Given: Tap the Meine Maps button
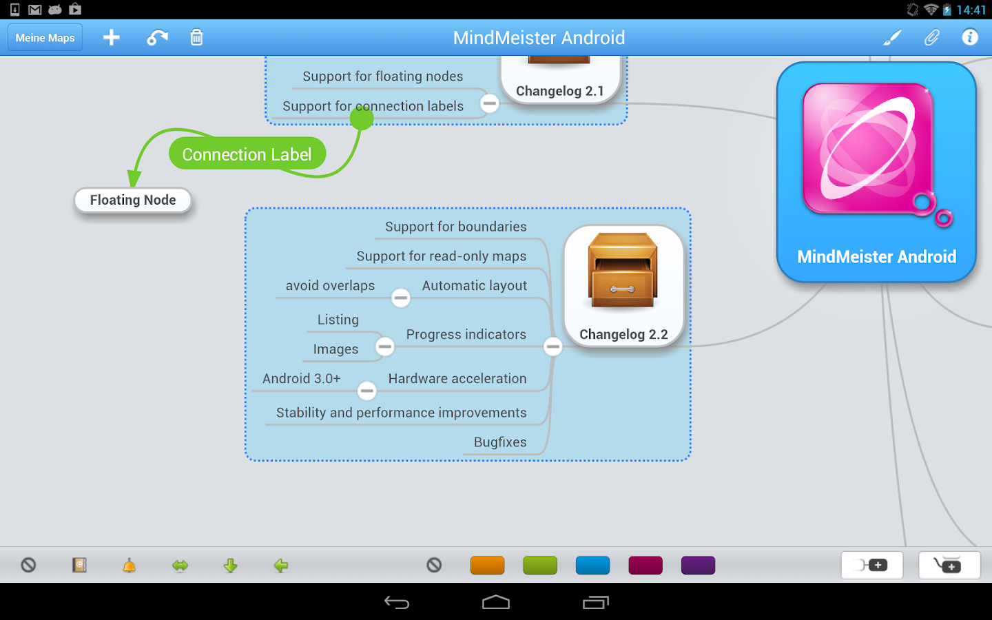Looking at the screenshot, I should tap(45, 38).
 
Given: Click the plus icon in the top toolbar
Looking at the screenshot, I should tap(112, 38).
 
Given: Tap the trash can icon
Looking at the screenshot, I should tap(196, 38).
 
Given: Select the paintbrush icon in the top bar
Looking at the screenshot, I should tap(892, 38).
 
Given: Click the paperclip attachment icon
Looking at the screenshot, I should tap(931, 38).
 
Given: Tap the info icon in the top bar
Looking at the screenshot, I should tap(970, 37).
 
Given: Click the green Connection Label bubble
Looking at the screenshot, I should tap(247, 154).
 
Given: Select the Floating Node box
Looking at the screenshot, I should tap(133, 200).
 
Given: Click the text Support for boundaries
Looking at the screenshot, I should tap(455, 227).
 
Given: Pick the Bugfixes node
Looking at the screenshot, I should tap(500, 442).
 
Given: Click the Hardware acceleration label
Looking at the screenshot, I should tap(457, 379).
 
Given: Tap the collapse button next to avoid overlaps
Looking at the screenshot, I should tap(401, 298).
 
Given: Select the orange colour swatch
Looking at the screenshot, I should tap(488, 566).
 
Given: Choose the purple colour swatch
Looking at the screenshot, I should tap(698, 566).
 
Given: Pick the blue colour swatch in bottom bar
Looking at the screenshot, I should tap(592, 566).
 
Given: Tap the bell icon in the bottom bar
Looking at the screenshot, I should tap(130, 566).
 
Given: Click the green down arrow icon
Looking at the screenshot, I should tap(231, 566).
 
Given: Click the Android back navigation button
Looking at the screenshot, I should tap(397, 603).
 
